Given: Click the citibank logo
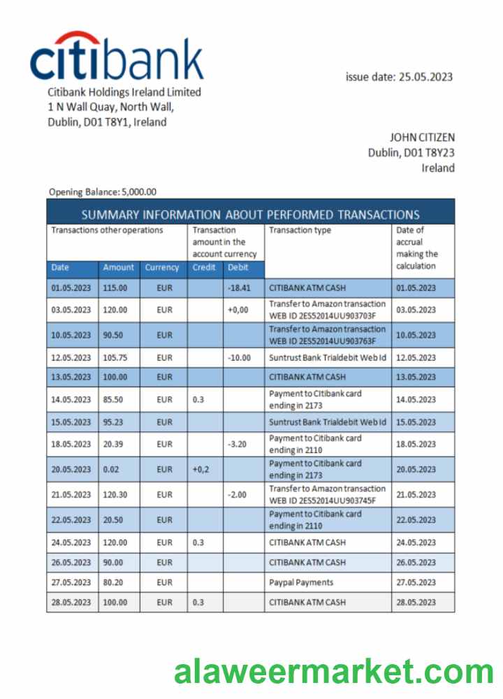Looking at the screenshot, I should point(117,57).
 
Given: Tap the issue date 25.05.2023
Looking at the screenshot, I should point(425,77).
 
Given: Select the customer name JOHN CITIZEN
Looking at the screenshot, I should point(422,137).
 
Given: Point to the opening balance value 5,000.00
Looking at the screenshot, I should point(139,192).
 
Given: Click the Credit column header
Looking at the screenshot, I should point(204,267).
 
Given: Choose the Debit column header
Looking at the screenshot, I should point(238,267).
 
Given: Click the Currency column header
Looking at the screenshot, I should point(162,267).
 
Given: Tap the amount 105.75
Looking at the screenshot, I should point(115,357).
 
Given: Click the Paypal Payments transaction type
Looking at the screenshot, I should point(301,582).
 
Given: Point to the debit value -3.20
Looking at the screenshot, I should point(238,444).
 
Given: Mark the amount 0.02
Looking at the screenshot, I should point(111,470).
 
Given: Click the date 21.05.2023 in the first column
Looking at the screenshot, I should point(71,494).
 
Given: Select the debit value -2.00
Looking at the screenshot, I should point(238,494).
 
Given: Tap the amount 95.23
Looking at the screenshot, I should point(114,422).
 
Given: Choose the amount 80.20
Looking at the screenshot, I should point(114,582).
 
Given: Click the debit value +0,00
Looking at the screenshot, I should point(238,310).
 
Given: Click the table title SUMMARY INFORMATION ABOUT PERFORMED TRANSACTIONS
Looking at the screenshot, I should point(250,215).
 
